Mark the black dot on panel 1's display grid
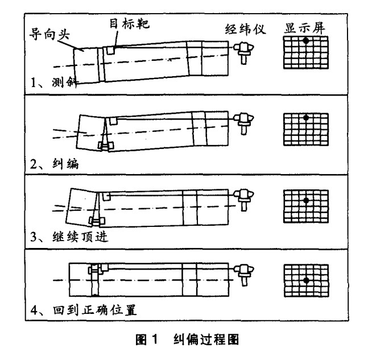pos(306,41)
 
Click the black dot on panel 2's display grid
pos(306,118)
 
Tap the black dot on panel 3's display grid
pos(306,200)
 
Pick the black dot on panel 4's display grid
pos(306,280)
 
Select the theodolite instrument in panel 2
pos(245,121)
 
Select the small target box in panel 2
pos(113,121)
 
